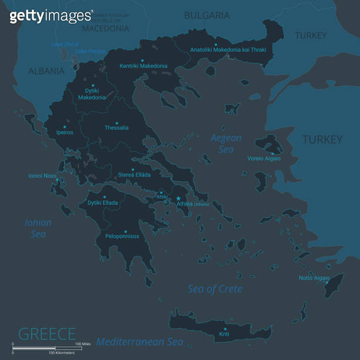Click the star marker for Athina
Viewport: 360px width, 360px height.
point(178,198)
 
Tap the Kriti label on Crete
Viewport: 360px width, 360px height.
point(224,334)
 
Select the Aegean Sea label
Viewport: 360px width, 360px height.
point(226,144)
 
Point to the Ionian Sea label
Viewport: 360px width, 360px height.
point(38,228)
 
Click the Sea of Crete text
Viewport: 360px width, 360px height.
point(215,289)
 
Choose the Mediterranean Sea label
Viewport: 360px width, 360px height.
point(139,342)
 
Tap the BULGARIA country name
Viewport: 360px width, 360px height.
point(206,15)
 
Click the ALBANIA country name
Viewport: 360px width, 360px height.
point(46,71)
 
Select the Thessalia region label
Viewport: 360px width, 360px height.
point(116,128)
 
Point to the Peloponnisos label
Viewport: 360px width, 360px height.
point(122,236)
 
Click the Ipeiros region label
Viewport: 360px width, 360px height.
point(65,132)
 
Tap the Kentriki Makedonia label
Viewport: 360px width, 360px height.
point(143,66)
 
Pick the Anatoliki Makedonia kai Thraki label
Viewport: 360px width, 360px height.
point(228,50)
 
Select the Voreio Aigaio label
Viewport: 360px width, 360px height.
point(264,158)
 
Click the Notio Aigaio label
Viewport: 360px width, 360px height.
point(314,278)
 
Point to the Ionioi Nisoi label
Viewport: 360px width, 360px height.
point(42,175)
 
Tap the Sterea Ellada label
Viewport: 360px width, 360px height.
point(134,175)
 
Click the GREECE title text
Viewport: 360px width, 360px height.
point(47,334)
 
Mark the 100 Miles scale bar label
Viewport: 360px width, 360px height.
point(82,344)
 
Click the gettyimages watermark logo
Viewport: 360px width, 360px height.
point(51,15)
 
